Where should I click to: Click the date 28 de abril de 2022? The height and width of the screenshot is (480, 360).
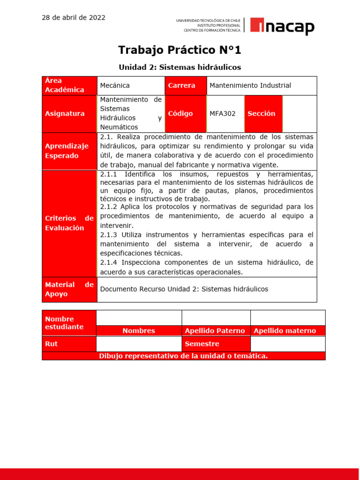point(74,18)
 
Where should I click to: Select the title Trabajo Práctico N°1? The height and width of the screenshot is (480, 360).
point(180,50)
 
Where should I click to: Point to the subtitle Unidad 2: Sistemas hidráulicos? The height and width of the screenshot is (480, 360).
point(180,67)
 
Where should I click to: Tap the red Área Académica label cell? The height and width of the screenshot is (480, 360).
point(69,85)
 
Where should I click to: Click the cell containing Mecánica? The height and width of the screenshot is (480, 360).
point(131,85)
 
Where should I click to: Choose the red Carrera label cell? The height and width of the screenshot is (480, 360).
point(185,85)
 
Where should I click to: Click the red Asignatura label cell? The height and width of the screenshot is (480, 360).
point(69,113)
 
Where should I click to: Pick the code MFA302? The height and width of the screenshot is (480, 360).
point(223,113)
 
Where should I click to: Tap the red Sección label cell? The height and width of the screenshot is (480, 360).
point(263,113)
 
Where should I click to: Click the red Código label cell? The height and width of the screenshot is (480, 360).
point(185,113)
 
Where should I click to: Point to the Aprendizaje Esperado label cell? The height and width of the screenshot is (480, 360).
point(69,151)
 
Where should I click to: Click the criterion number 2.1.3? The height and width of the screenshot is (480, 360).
point(111,234)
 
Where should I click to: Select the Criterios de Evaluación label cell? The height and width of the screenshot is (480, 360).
point(69,223)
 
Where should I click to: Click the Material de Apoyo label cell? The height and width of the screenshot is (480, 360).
point(69,289)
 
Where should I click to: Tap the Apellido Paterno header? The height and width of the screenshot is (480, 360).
point(215,331)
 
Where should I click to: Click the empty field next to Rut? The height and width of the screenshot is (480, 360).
point(139,344)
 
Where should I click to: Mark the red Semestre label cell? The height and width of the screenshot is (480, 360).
point(215,344)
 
